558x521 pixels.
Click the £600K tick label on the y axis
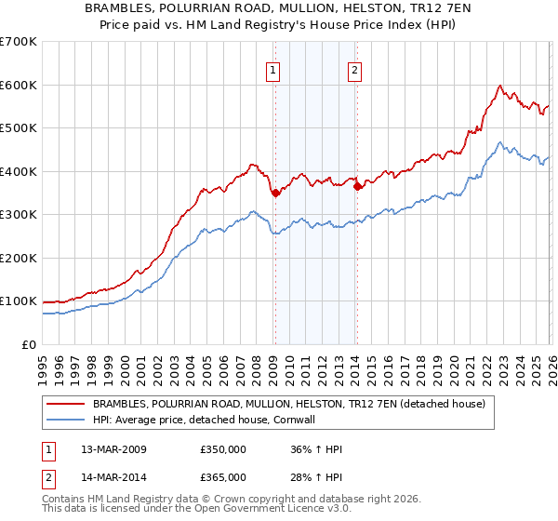click(x=19, y=85)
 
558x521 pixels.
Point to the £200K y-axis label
click(x=19, y=258)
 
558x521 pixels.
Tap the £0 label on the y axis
click(x=29, y=344)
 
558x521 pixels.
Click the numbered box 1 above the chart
click(x=273, y=68)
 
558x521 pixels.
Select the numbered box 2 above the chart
click(x=355, y=68)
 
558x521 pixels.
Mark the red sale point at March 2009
click(x=275, y=193)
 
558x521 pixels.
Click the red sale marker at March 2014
click(x=358, y=186)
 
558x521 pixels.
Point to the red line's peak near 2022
click(x=499, y=87)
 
